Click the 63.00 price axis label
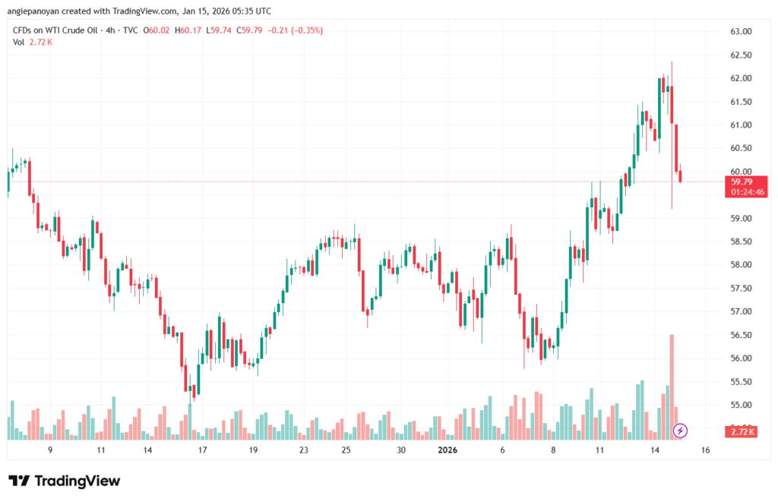[741, 32]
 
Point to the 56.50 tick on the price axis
[741, 335]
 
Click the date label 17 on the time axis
[203, 450]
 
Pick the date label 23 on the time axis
[303, 450]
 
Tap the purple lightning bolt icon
[681, 431]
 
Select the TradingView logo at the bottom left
[64, 481]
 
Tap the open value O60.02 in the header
[160, 30]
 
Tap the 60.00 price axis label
[741, 172]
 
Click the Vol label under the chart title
[19, 42]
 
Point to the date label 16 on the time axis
[705, 450]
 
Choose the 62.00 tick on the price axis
[741, 78]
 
